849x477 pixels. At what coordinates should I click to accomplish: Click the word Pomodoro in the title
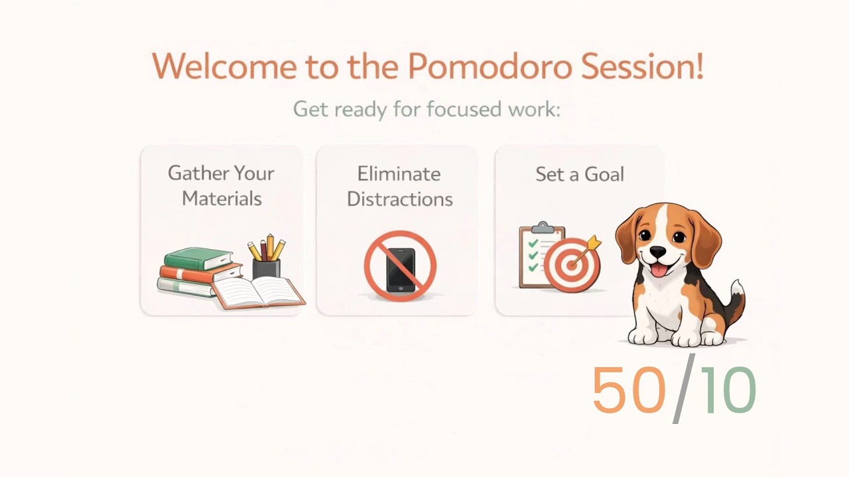[488, 66]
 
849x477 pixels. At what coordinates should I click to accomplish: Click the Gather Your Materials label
[221, 185]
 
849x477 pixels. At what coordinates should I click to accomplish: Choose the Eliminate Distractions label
[399, 186]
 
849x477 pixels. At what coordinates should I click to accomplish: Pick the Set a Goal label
[580, 174]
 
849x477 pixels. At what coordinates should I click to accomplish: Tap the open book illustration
[259, 291]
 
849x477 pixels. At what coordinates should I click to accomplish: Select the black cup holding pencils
[266, 268]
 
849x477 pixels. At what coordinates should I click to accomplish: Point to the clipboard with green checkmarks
[537, 255]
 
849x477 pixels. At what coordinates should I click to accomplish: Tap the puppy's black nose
[658, 252]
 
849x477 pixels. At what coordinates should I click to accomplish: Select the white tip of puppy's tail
[737, 288]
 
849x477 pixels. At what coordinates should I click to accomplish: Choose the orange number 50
[628, 390]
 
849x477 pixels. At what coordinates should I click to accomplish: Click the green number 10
[728, 390]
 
